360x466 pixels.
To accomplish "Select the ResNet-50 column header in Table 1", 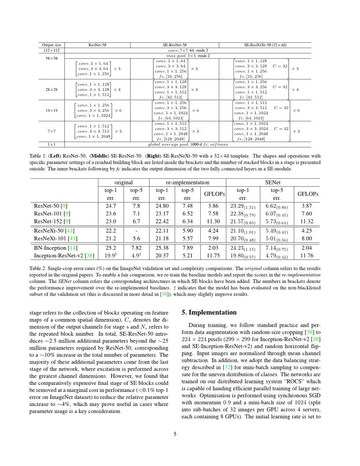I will (97, 45).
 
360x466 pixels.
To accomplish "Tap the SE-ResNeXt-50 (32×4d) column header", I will (265, 45).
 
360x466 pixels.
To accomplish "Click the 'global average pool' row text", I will (188, 144).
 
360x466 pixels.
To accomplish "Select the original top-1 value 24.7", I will (111, 206).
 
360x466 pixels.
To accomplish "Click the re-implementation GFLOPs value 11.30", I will (214, 222).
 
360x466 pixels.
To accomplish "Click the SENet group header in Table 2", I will (272, 182).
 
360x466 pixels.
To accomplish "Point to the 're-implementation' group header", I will (187, 182).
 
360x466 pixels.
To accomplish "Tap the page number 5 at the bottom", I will (175, 434).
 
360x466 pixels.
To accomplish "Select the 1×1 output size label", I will (51, 144).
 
